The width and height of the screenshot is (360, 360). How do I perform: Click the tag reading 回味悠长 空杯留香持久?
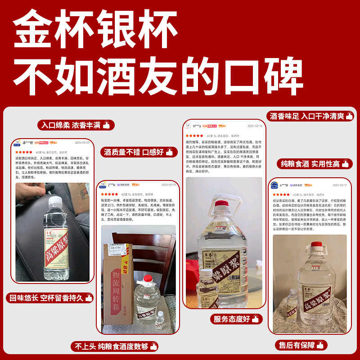(x=50, y=297)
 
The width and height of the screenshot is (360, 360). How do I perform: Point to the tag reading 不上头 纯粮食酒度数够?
(x=114, y=346)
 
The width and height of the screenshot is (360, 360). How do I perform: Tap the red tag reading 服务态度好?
(x=236, y=319)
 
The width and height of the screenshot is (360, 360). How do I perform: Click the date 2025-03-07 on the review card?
(x=82, y=142)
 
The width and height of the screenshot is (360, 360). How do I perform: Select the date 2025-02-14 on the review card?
(x=168, y=184)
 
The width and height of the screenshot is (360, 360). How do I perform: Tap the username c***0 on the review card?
(x=284, y=185)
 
